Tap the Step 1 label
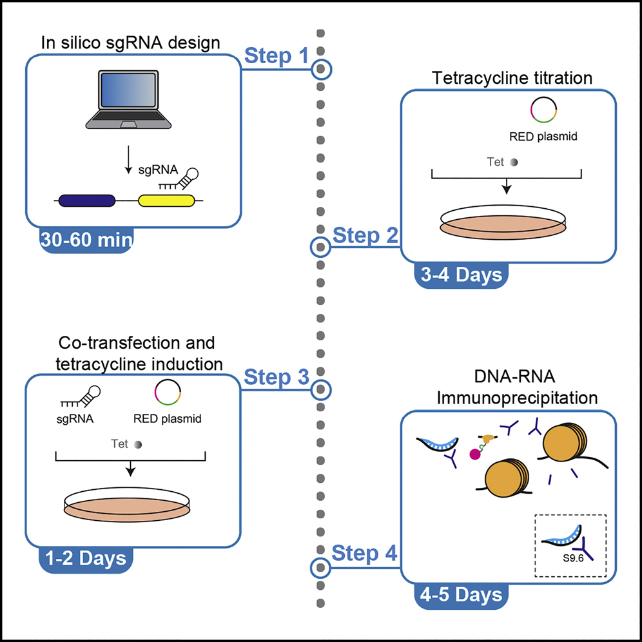click(x=276, y=57)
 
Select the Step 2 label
click(x=364, y=237)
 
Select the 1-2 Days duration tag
click(x=86, y=559)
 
